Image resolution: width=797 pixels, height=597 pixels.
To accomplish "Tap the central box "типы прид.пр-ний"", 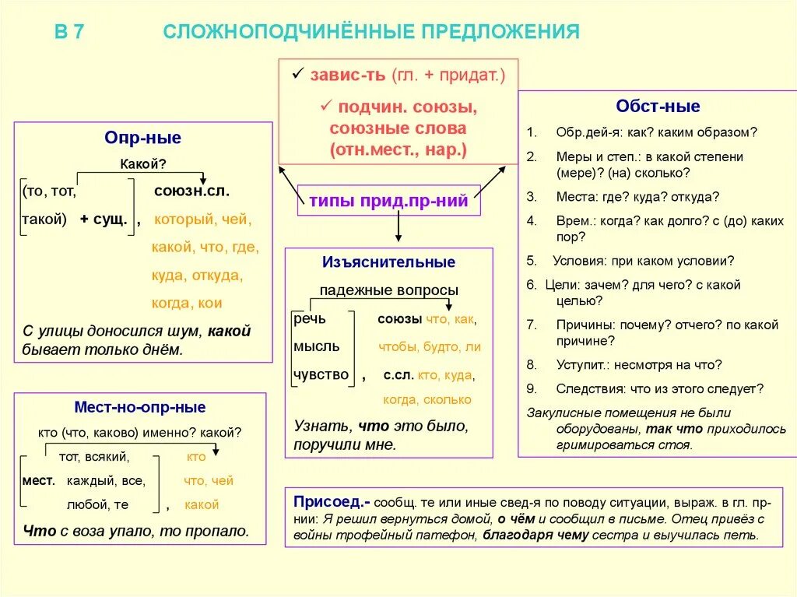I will point(388,202).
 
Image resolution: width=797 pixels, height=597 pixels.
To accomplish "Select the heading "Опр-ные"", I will point(143,139).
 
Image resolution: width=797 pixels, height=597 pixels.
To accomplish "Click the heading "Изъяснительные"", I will point(388,262).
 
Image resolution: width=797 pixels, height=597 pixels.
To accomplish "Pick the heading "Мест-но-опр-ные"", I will point(140,407).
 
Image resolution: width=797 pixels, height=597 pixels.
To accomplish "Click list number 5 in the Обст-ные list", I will point(531,261).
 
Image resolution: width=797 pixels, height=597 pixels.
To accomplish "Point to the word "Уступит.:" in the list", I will point(582,363).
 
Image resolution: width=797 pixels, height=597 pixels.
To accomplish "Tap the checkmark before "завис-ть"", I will point(297,74).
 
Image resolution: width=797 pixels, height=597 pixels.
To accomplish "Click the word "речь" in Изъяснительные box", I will point(310,319).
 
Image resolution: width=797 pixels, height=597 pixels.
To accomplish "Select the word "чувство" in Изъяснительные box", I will point(321,375).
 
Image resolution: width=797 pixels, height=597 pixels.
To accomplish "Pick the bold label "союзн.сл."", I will point(191,189).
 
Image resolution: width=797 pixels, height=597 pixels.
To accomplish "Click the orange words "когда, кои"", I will point(187,303).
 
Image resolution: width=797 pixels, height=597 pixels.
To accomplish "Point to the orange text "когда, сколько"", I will point(427,399).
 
